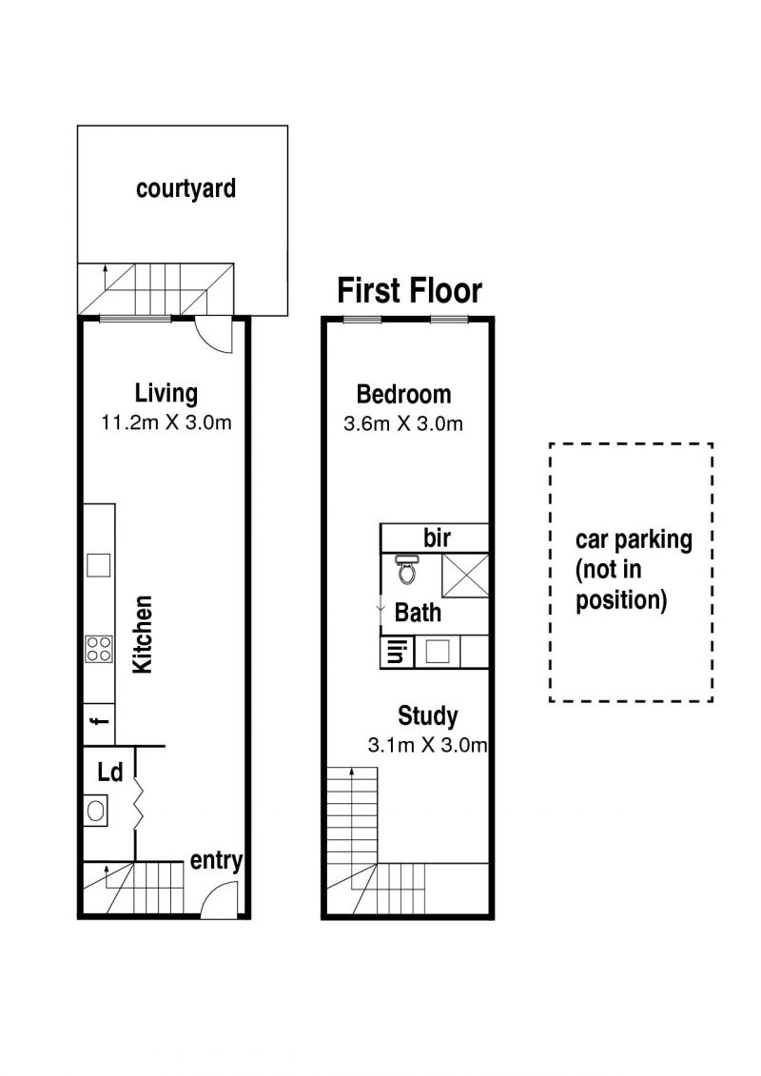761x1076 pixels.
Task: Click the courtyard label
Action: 185,188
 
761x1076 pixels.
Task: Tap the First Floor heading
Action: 410,290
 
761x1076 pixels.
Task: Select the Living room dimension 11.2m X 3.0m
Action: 166,422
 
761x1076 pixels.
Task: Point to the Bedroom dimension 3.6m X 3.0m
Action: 402,423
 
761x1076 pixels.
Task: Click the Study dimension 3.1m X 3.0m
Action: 427,745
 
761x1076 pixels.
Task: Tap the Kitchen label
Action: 142,634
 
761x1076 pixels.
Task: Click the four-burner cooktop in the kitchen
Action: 99,649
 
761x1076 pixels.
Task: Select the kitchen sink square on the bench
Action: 99,565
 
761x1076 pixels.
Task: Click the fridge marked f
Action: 99,723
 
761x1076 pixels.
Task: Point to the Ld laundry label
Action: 109,773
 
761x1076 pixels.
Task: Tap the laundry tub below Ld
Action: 95,812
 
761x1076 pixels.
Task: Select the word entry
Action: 216,861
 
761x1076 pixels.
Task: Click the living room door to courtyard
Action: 215,336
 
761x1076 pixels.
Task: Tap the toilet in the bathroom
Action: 406,570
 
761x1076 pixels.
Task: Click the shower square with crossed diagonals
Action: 464,575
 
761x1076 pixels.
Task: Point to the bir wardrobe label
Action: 438,538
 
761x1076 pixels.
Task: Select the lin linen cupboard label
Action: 396,652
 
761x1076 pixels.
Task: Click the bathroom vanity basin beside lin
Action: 438,652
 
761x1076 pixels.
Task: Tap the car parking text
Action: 634,540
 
